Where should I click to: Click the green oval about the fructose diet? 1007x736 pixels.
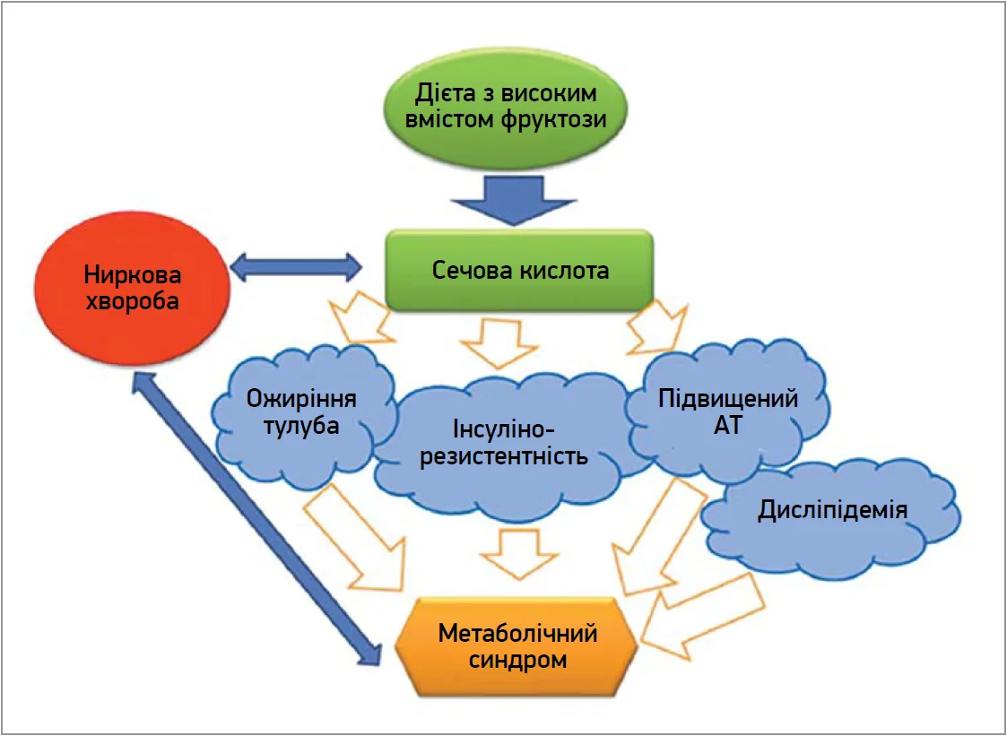(506, 107)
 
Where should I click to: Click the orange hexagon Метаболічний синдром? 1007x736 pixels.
(517, 647)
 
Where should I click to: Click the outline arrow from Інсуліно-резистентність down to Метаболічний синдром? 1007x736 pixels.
(517, 552)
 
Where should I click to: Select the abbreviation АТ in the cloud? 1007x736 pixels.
(727, 426)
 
